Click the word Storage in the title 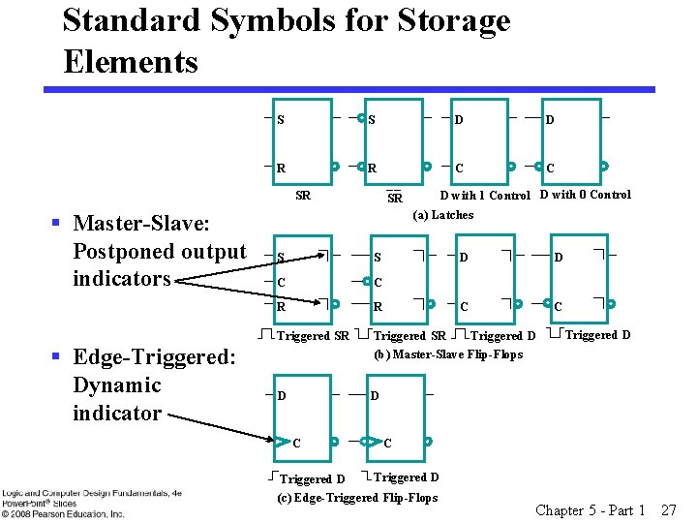pos(440,19)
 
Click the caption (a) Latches pos(443,215)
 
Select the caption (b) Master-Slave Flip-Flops pos(448,354)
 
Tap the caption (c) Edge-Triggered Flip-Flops pos(357,498)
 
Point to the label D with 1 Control pos(485,196)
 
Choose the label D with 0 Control pos(585,195)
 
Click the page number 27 pos(668,509)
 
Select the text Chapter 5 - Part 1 pos(590,509)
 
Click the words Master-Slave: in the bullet pos(141,224)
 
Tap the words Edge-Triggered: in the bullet pos(154,357)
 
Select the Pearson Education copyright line pos(63,513)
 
